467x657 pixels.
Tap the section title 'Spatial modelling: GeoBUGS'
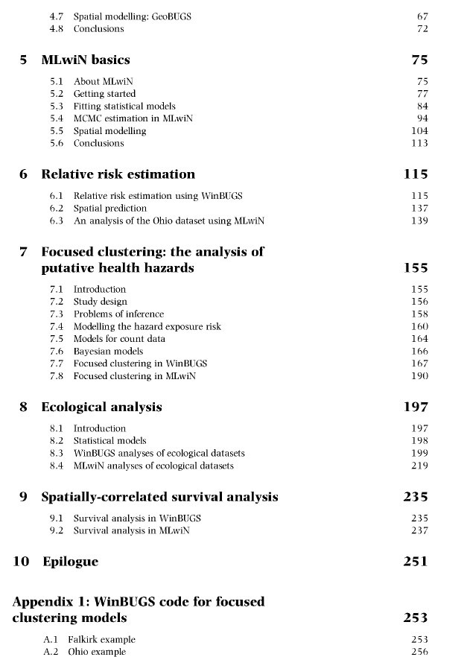[132, 16]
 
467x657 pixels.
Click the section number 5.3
[56, 107]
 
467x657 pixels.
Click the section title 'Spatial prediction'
[109, 209]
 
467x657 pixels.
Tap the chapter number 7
[24, 252]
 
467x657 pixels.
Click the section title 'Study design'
[100, 302]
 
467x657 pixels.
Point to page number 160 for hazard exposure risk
[419, 326]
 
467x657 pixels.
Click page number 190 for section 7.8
[419, 376]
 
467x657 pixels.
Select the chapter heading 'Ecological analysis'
[101, 407]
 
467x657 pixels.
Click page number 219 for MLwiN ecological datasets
[419, 466]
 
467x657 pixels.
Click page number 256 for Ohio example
[419, 652]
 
